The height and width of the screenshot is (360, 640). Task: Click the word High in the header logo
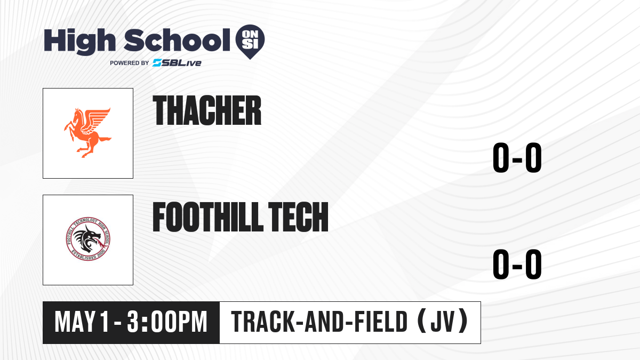[79, 42]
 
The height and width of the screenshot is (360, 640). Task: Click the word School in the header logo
[177, 40]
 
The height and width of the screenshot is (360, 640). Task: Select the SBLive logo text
[177, 62]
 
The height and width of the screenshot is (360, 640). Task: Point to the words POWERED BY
[130, 63]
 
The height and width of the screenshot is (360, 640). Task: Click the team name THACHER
[207, 110]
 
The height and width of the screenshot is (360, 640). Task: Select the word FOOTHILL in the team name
[208, 217]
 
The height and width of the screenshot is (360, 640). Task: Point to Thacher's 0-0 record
[517, 158]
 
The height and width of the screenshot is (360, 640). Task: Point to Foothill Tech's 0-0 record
[517, 265]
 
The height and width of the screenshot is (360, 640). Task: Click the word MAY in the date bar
[75, 322]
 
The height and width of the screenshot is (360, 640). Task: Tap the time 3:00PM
[167, 322]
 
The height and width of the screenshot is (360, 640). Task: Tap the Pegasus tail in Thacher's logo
[105, 139]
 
